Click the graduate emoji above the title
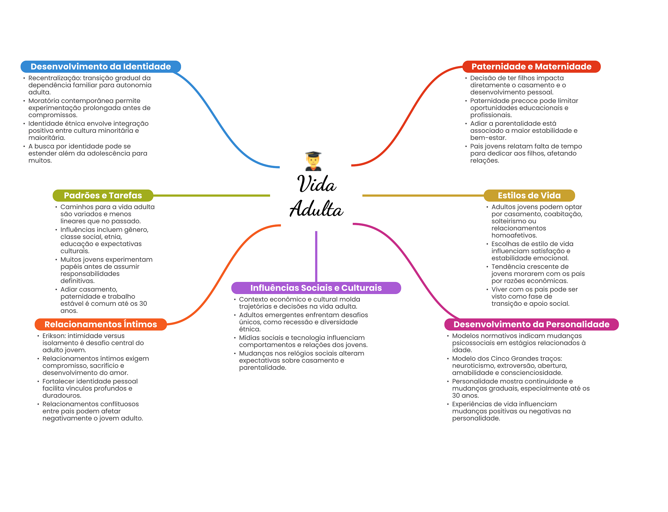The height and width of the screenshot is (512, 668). tap(313, 161)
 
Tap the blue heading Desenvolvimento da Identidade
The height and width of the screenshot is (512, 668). tap(101, 67)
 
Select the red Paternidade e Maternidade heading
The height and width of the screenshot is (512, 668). tap(531, 67)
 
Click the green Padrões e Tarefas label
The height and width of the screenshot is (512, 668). tap(103, 195)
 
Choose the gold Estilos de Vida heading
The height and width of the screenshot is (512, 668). tap(529, 195)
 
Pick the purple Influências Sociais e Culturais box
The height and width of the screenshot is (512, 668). tap(316, 288)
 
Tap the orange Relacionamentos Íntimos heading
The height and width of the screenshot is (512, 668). tap(101, 324)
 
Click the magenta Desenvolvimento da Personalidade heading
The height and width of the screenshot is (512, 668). tap(531, 324)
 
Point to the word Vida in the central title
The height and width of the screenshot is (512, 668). tap(316, 184)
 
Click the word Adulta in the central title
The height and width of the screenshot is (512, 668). tap(316, 209)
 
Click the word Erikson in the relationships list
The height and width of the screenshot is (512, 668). tap(54, 336)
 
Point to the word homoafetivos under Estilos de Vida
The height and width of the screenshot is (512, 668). tap(514, 235)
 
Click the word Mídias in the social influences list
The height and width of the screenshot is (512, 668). tap(249, 338)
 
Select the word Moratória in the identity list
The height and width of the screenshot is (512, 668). tap(44, 101)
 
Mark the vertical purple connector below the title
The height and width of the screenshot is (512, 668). tap(316, 256)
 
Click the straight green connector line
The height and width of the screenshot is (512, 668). tap(212, 195)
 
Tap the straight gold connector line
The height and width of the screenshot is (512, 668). tap(423, 195)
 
